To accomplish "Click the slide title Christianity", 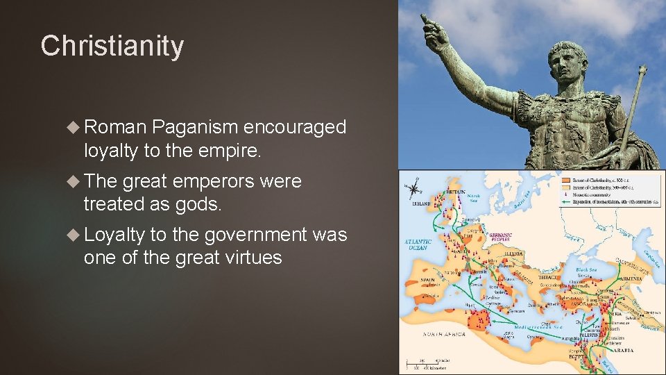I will [112, 47].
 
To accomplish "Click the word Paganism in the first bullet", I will [194, 127].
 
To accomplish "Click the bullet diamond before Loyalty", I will [74, 235].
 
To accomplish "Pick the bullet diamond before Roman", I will [74, 127].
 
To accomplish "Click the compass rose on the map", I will [415, 188].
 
